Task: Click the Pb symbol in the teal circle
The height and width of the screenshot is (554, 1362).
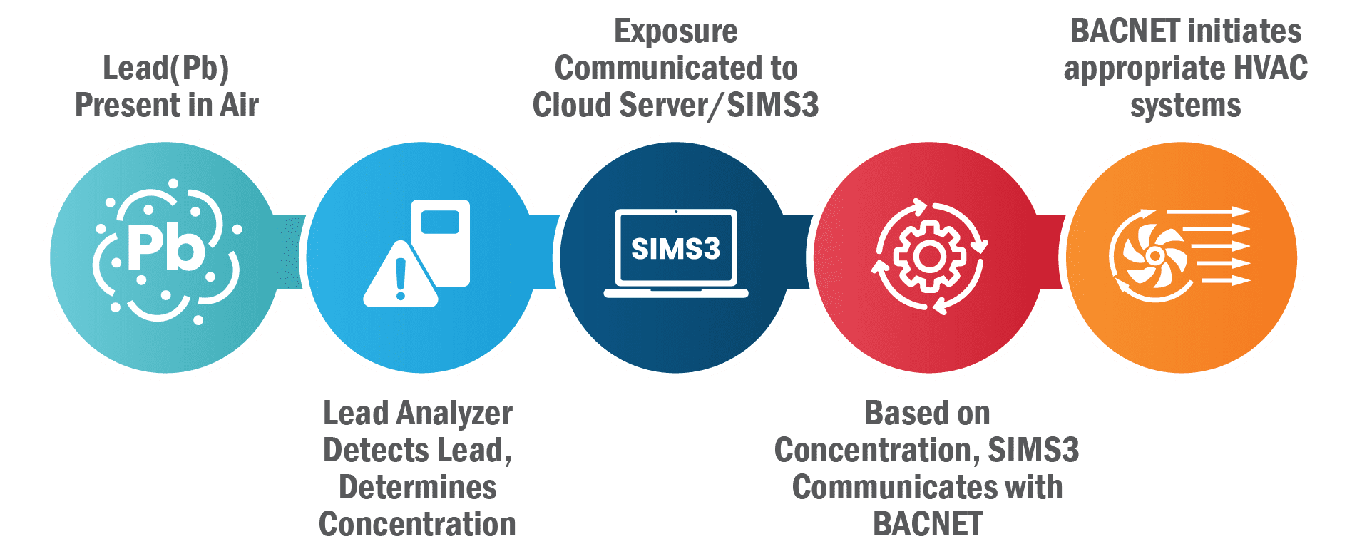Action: click(165, 249)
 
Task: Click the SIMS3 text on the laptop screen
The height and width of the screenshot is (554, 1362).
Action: click(675, 249)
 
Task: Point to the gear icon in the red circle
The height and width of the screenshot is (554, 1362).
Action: click(928, 256)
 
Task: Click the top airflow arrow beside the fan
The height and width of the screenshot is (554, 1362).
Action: click(1208, 212)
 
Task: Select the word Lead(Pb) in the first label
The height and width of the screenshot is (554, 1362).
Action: click(165, 68)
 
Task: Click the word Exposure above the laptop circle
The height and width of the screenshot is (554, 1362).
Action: click(675, 31)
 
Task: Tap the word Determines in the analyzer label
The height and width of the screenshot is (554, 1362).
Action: click(418, 488)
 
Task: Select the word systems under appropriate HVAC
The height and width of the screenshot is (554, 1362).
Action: click(1185, 106)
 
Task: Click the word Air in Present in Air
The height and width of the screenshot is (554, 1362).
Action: click(240, 106)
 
